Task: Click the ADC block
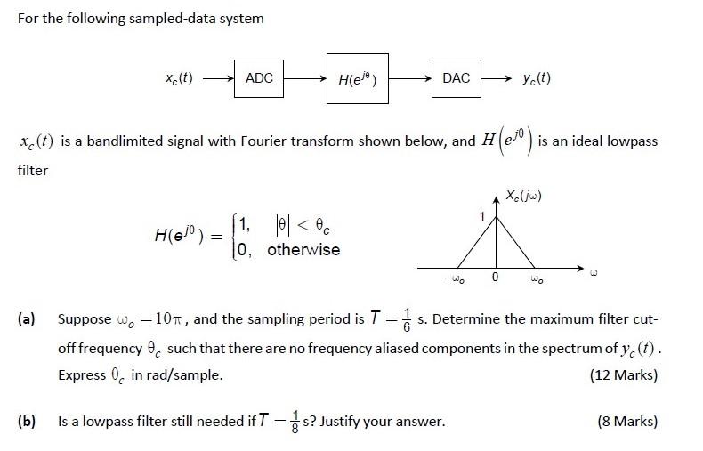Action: click(259, 78)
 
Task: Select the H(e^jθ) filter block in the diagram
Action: click(357, 79)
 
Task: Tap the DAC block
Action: click(456, 78)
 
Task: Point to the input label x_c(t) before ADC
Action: click(179, 78)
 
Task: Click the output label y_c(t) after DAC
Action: click(537, 78)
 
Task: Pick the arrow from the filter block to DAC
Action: click(409, 78)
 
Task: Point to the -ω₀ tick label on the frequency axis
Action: click(455, 279)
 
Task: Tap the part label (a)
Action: click(27, 318)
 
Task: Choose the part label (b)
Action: click(27, 421)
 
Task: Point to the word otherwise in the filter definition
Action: click(303, 250)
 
